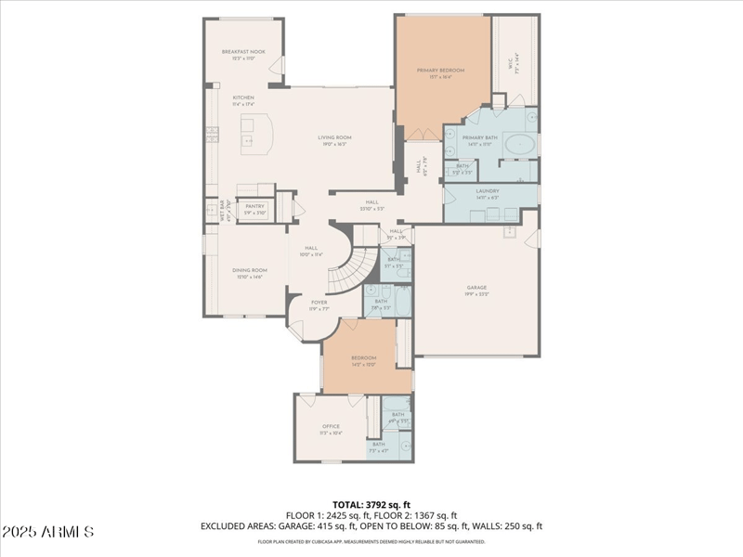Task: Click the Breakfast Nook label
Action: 243,52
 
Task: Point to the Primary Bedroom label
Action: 440,71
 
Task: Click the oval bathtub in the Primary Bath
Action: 523,146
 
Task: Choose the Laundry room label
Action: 488,192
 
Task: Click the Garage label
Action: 476,288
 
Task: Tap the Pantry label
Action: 254,207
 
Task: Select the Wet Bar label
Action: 223,209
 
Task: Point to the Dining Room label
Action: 249,270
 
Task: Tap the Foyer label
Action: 319,302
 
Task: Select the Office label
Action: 331,427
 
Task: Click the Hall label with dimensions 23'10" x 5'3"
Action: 371,202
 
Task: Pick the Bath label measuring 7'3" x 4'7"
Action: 378,445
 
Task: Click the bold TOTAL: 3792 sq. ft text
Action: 371,505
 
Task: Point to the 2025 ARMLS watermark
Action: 47,532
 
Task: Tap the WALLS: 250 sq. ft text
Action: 508,526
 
